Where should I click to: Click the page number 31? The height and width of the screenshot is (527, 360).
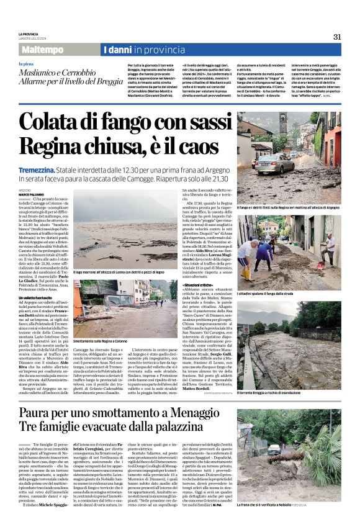pyautogui.click(x=337, y=37)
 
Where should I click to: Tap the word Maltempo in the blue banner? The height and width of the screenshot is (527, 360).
pyautogui.click(x=43, y=50)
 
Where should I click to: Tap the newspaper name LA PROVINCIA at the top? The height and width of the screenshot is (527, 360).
pyautogui.click(x=29, y=34)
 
